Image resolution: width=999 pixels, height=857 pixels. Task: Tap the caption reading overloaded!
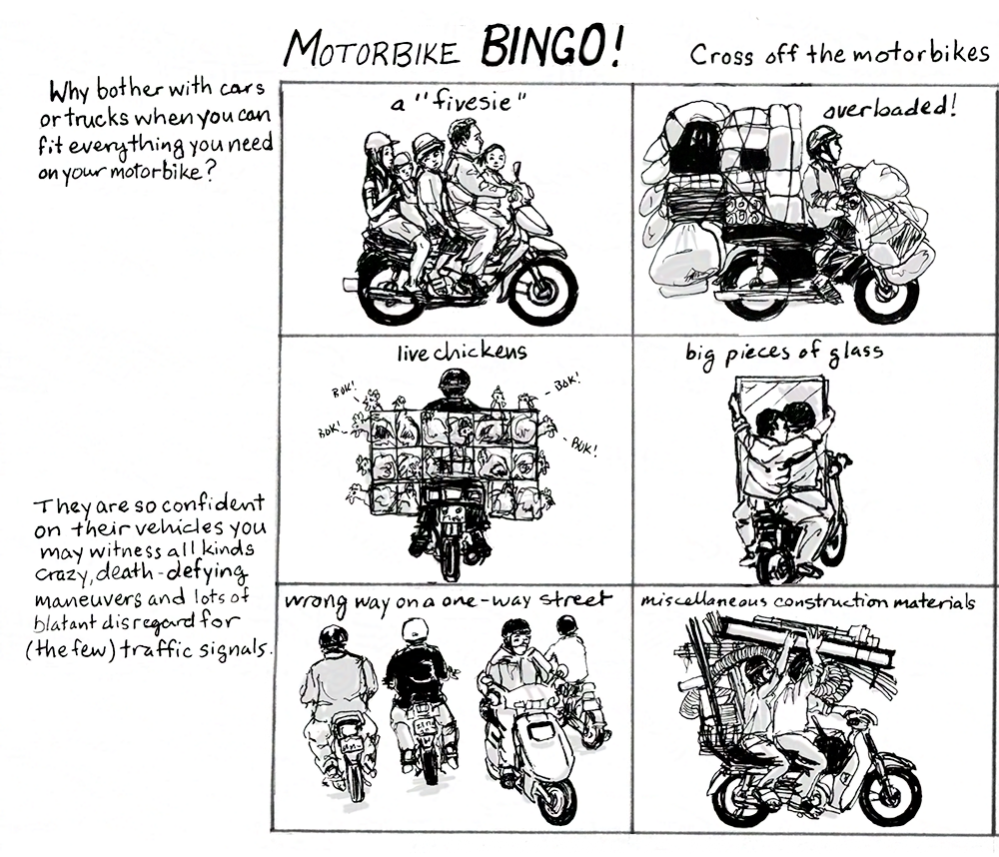(889, 107)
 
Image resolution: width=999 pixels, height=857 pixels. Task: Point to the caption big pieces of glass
(784, 354)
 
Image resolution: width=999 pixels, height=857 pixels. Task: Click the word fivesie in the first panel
(472, 101)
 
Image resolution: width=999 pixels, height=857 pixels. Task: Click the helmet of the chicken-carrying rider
(455, 382)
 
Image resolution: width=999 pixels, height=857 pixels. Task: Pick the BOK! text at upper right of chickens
(565, 383)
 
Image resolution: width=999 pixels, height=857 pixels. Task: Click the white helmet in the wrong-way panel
(416, 630)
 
